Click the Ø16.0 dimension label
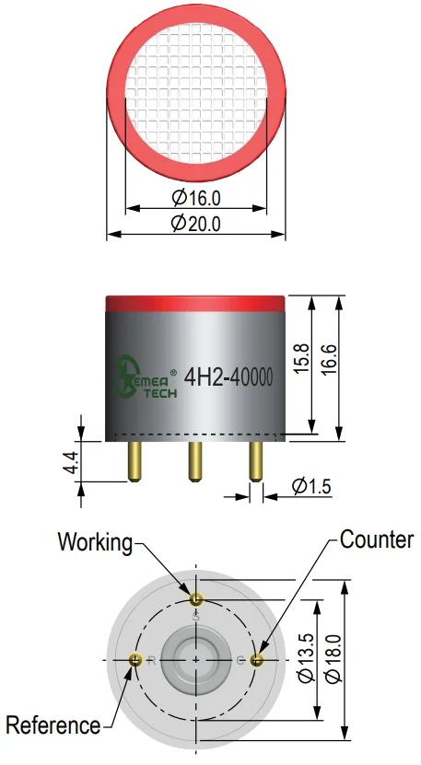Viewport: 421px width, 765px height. pos(196,198)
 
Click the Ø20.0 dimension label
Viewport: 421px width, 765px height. pos(196,224)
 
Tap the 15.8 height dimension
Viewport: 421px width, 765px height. pos(302,359)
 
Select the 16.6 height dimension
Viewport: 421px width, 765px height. pos(329,360)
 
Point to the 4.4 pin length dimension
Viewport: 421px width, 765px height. pos(70,462)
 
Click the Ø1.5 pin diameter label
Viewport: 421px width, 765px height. pos(311,486)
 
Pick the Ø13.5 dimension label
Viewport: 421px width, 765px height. pos(306,658)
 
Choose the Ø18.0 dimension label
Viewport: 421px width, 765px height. pos(334,658)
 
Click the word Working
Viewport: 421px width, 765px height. pos(95,542)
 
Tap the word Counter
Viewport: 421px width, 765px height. pos(377,540)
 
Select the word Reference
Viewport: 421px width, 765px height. pos(53,725)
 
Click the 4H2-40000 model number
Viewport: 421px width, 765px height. pos(228,377)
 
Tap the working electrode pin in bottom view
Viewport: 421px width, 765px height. pos(196,598)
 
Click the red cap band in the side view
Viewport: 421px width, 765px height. pos(195,303)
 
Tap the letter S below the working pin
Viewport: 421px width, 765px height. pos(196,617)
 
